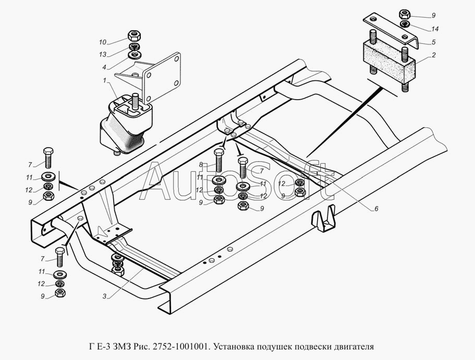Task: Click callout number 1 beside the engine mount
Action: click(104, 80)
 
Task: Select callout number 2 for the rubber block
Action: click(434, 55)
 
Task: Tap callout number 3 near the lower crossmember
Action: click(104, 296)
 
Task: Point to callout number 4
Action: click(104, 67)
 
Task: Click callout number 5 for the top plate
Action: click(434, 42)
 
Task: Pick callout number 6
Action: click(375, 209)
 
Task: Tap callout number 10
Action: click(103, 41)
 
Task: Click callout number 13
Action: click(103, 54)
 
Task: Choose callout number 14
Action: click(435, 29)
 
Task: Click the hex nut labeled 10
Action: click(134, 37)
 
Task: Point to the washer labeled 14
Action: click(405, 24)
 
